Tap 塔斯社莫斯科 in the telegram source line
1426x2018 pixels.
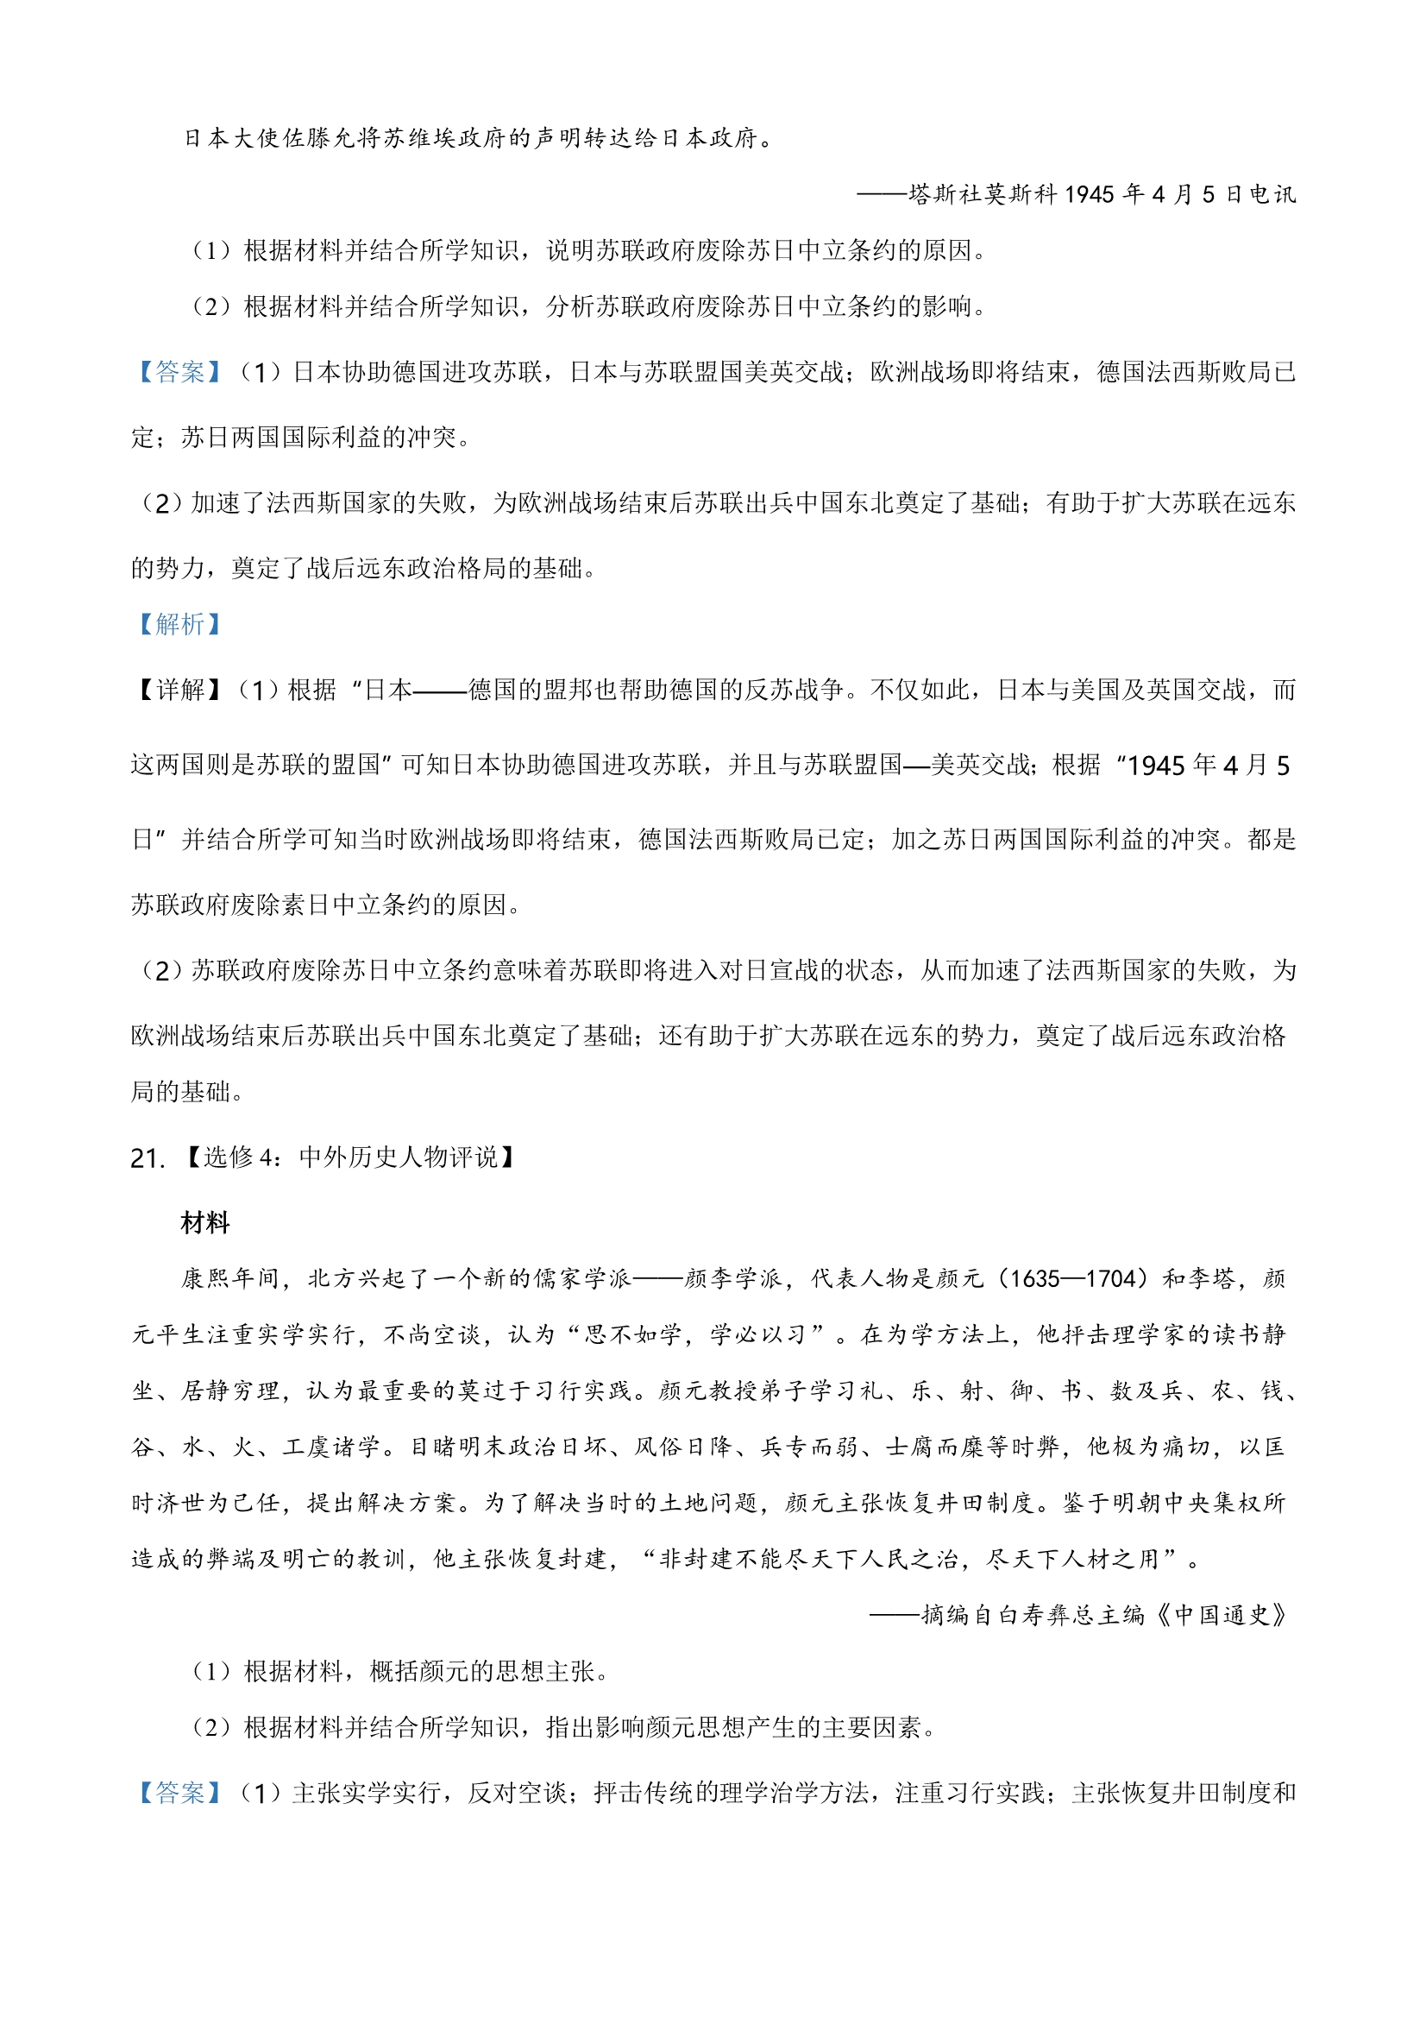[x=983, y=194]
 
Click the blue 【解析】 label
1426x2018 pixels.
[x=179, y=624]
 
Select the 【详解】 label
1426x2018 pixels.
[x=179, y=690]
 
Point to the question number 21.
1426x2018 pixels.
[x=147, y=1158]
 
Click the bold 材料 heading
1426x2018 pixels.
[x=204, y=1222]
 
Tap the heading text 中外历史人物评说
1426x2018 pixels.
[x=398, y=1157]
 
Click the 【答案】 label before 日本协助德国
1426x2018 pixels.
[x=179, y=373]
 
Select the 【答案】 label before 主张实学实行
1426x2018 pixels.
[x=179, y=1793]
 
